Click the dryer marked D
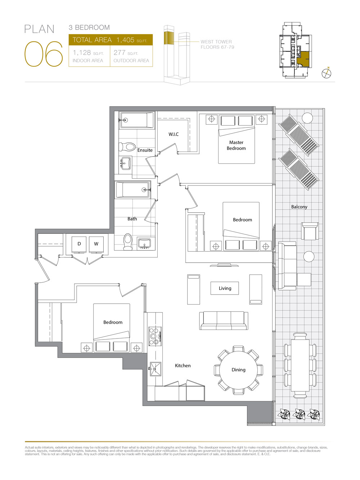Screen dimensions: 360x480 [x=79, y=244]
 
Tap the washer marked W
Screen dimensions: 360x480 [x=96, y=244]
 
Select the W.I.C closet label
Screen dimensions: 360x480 [x=174, y=134]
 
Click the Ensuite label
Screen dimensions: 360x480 [x=145, y=150]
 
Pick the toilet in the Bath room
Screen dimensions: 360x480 [x=128, y=241]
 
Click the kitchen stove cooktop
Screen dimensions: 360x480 [x=155, y=336]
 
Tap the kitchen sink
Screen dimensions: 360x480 [x=156, y=369]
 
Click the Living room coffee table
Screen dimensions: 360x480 [x=225, y=288]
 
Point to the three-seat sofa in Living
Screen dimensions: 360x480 [x=224, y=320]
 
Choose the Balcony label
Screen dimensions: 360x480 [x=299, y=207]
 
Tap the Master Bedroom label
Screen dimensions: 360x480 [x=236, y=145]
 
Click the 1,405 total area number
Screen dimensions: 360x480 [x=125, y=40]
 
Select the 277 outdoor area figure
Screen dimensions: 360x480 [x=120, y=53]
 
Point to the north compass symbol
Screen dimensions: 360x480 [x=327, y=73]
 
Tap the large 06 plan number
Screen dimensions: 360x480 [x=44, y=54]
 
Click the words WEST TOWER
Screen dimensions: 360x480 [x=216, y=42]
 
